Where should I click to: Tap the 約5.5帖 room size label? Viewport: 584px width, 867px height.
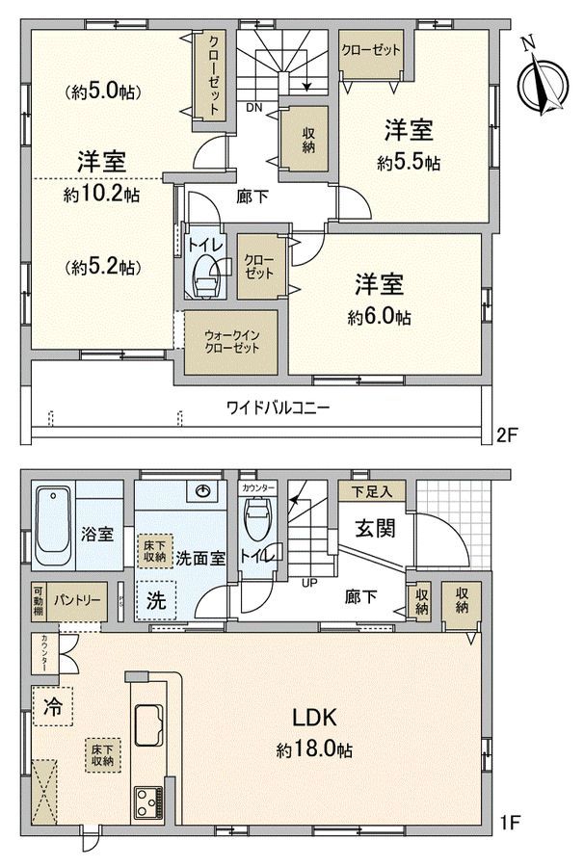click(x=408, y=164)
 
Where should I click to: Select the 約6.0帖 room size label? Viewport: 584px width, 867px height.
click(x=383, y=317)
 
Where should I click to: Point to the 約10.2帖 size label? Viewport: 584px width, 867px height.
click(x=101, y=194)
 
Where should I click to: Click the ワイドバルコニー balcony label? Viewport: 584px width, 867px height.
click(x=279, y=407)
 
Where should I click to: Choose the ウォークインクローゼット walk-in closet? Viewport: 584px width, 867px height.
click(x=230, y=343)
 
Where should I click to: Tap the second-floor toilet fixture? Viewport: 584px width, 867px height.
click(x=204, y=278)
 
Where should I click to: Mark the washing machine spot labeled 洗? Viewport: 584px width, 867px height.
click(x=155, y=599)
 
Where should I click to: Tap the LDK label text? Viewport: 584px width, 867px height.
click(x=314, y=718)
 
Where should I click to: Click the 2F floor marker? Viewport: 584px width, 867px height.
click(x=507, y=436)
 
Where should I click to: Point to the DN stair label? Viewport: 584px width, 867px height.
click(x=254, y=108)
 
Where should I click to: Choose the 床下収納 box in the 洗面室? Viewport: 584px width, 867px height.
click(x=152, y=551)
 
